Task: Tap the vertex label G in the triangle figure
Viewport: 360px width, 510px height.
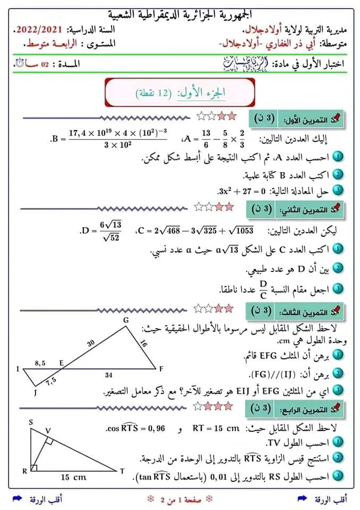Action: coord(126,320)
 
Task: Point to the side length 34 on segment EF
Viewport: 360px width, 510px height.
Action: coord(109,375)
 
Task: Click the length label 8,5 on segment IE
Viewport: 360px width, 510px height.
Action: coord(40,363)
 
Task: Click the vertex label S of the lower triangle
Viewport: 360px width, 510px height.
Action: coord(31,422)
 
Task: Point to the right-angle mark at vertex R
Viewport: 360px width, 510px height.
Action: coord(34,467)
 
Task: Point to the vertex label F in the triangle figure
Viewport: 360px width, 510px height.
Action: coord(161,368)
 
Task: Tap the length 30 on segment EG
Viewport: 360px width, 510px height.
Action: coord(91,343)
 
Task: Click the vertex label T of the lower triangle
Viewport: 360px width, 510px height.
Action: coord(122,471)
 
